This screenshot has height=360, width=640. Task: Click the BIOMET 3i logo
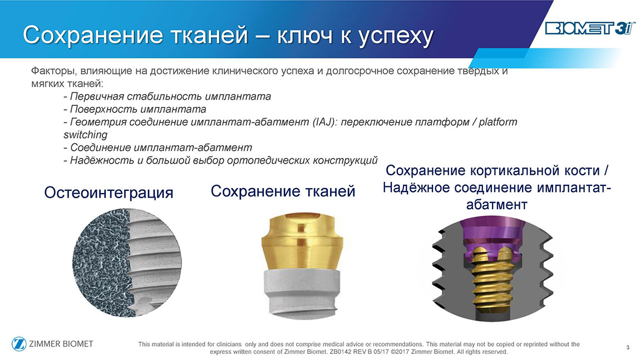pyautogui.click(x=590, y=28)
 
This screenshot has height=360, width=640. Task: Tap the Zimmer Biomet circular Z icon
pyautogui.click(x=19, y=344)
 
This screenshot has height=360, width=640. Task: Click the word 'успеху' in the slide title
pyautogui.click(x=396, y=36)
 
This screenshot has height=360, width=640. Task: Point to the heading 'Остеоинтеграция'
pyautogui.click(x=109, y=193)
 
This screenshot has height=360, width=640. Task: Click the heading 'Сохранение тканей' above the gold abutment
pyautogui.click(x=283, y=191)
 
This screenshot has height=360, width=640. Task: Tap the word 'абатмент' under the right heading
pyautogui.click(x=497, y=204)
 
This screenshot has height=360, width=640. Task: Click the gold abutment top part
pyautogui.click(x=302, y=241)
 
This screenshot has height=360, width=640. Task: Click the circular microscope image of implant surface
pyautogui.click(x=126, y=263)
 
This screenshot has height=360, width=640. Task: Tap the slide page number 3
pyautogui.click(x=628, y=347)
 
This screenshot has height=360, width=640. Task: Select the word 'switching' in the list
pyautogui.click(x=85, y=135)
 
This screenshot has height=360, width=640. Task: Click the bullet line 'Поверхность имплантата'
pyautogui.click(x=135, y=110)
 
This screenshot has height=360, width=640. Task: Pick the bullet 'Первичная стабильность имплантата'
pyautogui.click(x=168, y=96)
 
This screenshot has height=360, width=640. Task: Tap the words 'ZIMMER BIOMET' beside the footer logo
pyautogui.click(x=61, y=344)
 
